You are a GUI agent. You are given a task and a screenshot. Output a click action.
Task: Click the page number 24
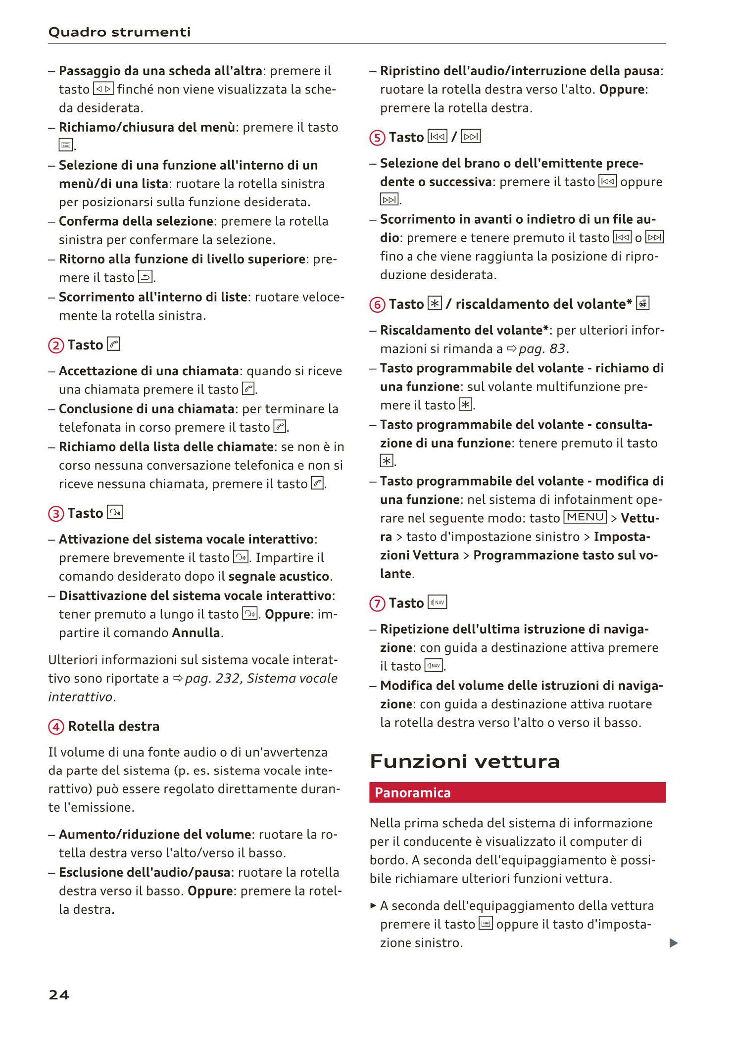tap(59, 994)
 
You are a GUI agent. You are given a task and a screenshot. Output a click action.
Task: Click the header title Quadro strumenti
tap(119, 32)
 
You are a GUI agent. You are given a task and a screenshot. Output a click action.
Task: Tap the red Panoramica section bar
tap(517, 792)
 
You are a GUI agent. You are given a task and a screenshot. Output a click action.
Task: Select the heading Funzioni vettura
tap(465, 761)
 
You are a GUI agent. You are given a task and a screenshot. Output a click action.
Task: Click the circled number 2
tap(56, 345)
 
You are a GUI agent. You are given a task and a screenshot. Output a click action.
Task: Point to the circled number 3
tap(56, 513)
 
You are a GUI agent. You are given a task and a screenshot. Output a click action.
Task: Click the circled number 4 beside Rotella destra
tap(56, 727)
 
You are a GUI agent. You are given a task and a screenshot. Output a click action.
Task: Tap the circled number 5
tap(377, 138)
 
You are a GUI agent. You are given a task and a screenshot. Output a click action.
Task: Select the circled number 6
tap(377, 304)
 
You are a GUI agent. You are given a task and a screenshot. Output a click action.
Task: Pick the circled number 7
tap(377, 603)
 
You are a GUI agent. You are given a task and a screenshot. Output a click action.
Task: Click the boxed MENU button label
tap(585, 517)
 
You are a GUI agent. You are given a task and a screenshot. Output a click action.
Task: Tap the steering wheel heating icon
tap(643, 303)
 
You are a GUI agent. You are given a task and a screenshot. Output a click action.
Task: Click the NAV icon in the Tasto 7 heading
tap(437, 602)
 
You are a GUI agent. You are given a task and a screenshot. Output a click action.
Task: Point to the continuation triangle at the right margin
tap(673, 943)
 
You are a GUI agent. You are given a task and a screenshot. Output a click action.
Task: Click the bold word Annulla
tap(196, 633)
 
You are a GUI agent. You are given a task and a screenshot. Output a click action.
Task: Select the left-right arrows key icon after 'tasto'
tap(103, 89)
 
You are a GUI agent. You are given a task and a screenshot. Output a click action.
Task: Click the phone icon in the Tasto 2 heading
tap(113, 344)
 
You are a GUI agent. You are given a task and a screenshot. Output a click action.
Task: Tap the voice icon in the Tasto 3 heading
tap(115, 512)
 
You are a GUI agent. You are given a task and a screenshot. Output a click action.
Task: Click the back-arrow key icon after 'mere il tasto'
tap(146, 277)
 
